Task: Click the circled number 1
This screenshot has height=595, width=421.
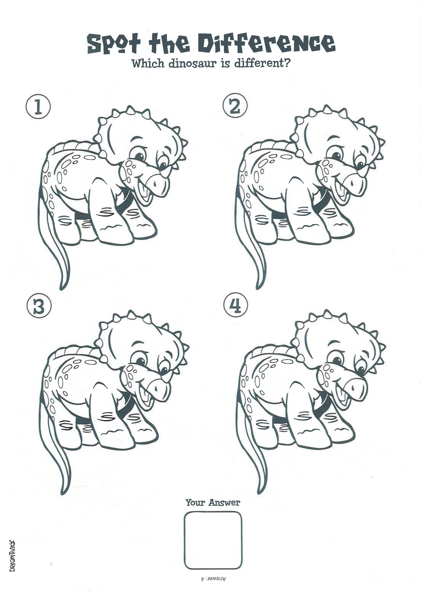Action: (x=38, y=107)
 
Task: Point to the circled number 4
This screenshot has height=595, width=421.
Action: (x=235, y=306)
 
